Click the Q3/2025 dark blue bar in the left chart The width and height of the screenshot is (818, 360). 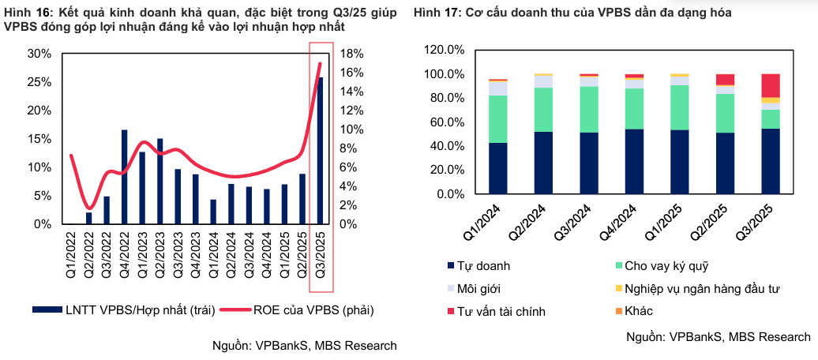(x=320, y=150)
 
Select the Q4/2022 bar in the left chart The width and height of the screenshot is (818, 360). (x=125, y=177)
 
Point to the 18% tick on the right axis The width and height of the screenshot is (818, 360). (x=351, y=54)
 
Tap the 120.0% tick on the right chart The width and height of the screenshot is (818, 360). (x=443, y=50)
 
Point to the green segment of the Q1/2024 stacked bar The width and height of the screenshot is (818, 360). (x=497, y=118)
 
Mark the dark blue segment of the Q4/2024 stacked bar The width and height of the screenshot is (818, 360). (x=634, y=161)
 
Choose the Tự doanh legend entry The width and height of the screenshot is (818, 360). (x=484, y=266)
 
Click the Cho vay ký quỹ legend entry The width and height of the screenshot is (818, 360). (x=662, y=266)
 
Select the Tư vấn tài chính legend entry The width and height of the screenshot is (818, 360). (x=501, y=311)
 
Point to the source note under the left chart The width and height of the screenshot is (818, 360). (x=305, y=346)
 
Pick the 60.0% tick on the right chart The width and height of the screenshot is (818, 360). (x=446, y=122)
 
